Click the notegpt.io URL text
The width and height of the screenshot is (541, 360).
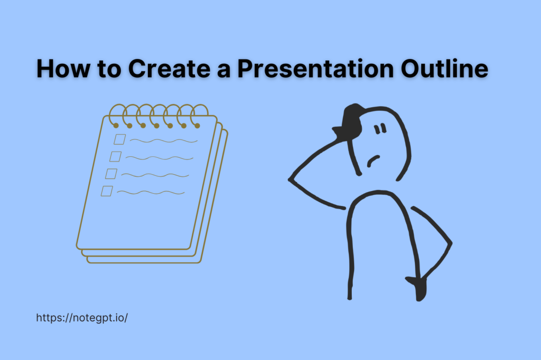(82, 318)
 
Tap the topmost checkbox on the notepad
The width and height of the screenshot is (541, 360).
(120, 139)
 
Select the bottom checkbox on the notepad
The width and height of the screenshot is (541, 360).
(107, 191)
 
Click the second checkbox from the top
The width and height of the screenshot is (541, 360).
(116, 156)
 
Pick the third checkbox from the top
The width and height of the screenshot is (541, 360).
(111, 174)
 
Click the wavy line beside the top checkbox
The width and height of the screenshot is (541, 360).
(164, 140)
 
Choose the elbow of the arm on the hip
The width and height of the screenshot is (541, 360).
(450, 243)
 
